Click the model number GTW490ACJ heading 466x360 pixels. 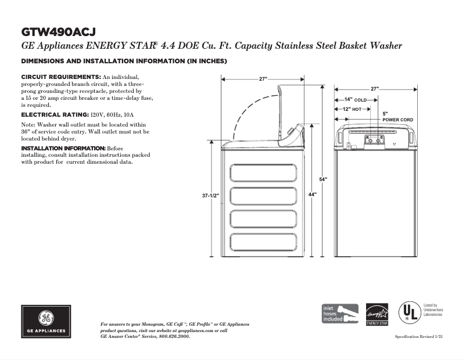[x=58, y=31]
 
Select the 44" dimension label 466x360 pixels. [x=313, y=195]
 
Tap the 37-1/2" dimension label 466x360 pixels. [x=210, y=196]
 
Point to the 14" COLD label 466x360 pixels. [x=355, y=100]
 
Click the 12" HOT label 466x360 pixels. [x=352, y=109]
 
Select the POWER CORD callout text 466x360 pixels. [x=397, y=120]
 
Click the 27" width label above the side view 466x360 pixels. [x=263, y=79]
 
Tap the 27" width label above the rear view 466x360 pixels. [x=375, y=89]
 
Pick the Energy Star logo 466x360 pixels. [x=377, y=314]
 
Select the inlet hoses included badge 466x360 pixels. [x=340, y=314]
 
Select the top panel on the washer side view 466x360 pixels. [x=264, y=174]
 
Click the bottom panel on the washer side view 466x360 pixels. [x=264, y=242]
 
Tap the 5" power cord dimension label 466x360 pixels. [x=385, y=113]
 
